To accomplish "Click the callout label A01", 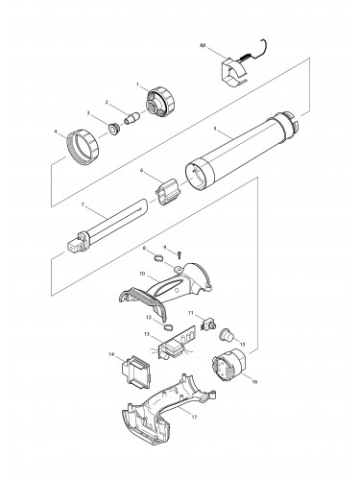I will pyautogui.click(x=203, y=45).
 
